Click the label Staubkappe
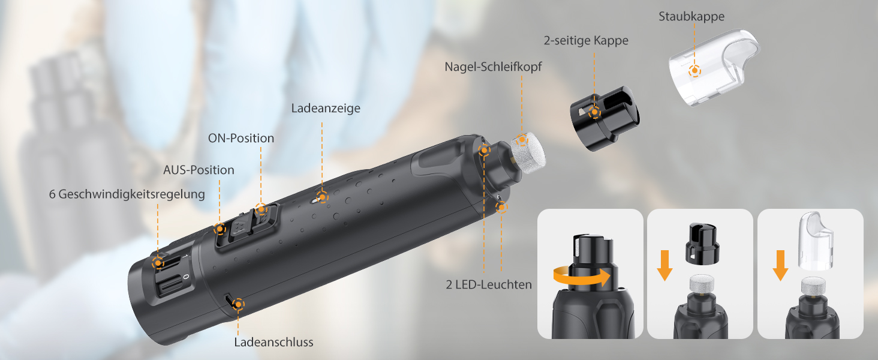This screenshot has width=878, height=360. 691,16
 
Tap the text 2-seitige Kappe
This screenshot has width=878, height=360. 586,41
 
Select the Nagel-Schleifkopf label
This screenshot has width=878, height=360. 493,67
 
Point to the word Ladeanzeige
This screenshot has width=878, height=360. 326,108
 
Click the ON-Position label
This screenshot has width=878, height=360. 241,138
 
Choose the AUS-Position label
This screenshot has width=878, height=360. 199,170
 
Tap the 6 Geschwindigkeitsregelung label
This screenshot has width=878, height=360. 127,194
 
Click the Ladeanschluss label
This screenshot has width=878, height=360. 273,342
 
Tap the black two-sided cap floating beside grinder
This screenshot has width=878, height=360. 603,118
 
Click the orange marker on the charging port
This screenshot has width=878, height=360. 239,304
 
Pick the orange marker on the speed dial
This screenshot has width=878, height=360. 158,262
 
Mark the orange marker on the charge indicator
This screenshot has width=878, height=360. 323,196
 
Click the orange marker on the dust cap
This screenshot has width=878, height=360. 694,70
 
